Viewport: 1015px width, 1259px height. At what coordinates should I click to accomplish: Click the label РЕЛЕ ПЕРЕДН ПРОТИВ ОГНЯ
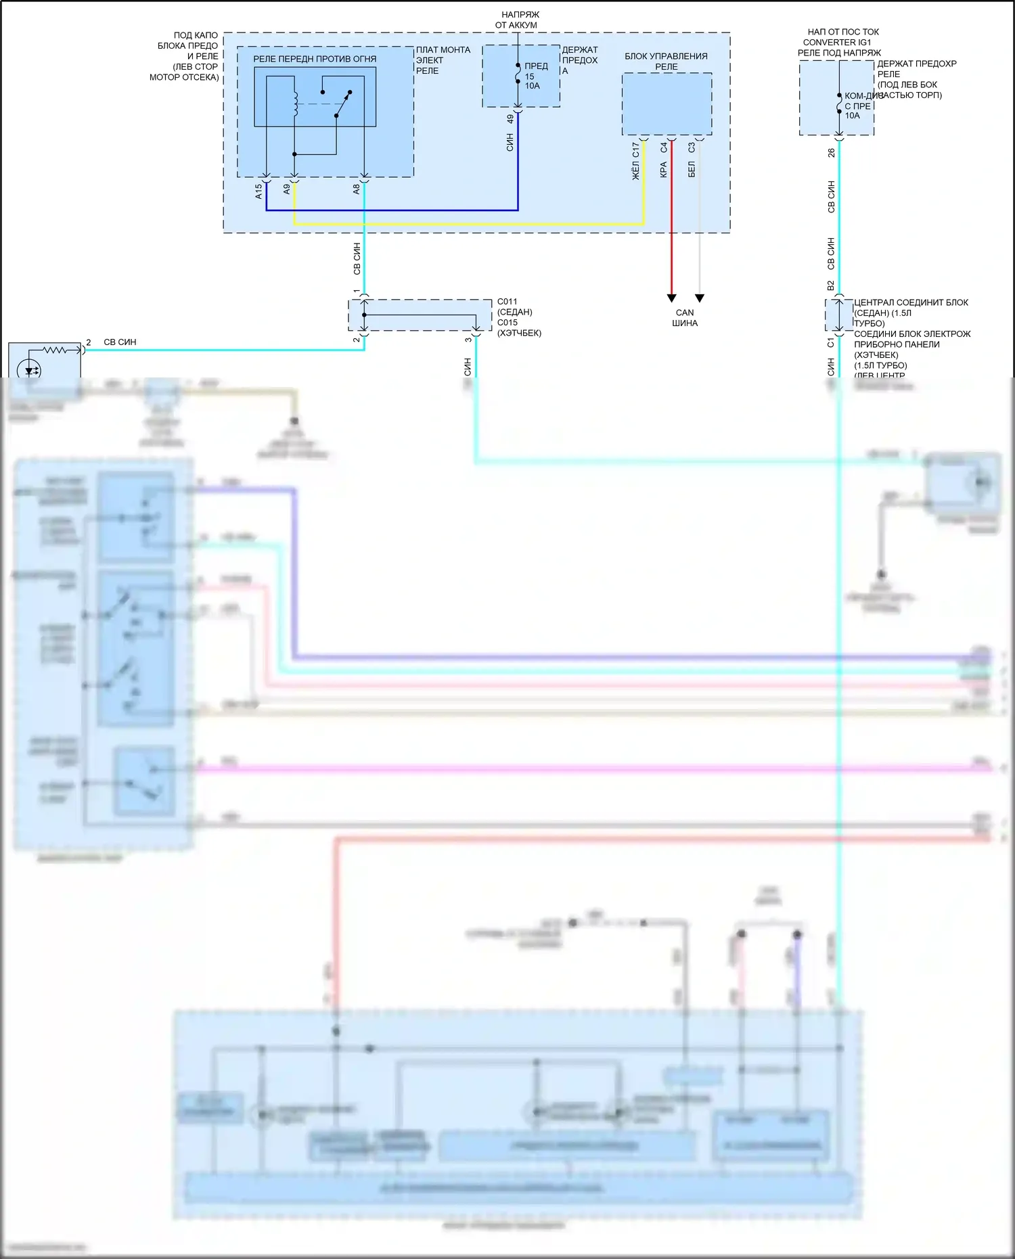(x=315, y=59)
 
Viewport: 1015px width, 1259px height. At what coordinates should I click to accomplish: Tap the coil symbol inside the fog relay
(x=295, y=98)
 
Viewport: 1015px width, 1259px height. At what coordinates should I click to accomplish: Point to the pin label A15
(x=258, y=191)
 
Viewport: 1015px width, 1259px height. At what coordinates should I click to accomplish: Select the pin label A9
(x=286, y=189)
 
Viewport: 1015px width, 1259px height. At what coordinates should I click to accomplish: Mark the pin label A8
(x=356, y=189)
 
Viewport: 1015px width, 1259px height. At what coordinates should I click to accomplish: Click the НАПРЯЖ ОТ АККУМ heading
(x=518, y=20)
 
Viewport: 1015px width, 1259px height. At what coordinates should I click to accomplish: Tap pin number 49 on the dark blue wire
(x=510, y=119)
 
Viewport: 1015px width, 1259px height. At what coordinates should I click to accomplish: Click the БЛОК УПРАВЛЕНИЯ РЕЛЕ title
(x=666, y=61)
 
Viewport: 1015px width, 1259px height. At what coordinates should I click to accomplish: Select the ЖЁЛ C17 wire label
(x=635, y=161)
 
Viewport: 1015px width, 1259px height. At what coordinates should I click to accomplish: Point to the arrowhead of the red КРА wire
(x=671, y=298)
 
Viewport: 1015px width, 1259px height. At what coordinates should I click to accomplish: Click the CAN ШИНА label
(x=685, y=317)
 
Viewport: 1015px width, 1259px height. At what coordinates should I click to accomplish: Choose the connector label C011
(x=507, y=302)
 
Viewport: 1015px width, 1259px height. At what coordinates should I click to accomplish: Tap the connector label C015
(x=507, y=323)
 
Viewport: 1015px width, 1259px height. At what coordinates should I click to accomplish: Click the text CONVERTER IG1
(x=837, y=42)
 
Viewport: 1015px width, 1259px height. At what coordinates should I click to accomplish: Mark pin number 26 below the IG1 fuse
(x=831, y=154)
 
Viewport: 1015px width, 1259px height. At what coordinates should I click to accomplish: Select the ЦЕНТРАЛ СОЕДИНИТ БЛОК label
(x=911, y=302)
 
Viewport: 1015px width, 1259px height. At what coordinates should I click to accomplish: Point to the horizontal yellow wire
(x=467, y=224)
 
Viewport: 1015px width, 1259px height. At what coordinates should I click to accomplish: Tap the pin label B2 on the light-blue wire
(x=831, y=285)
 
